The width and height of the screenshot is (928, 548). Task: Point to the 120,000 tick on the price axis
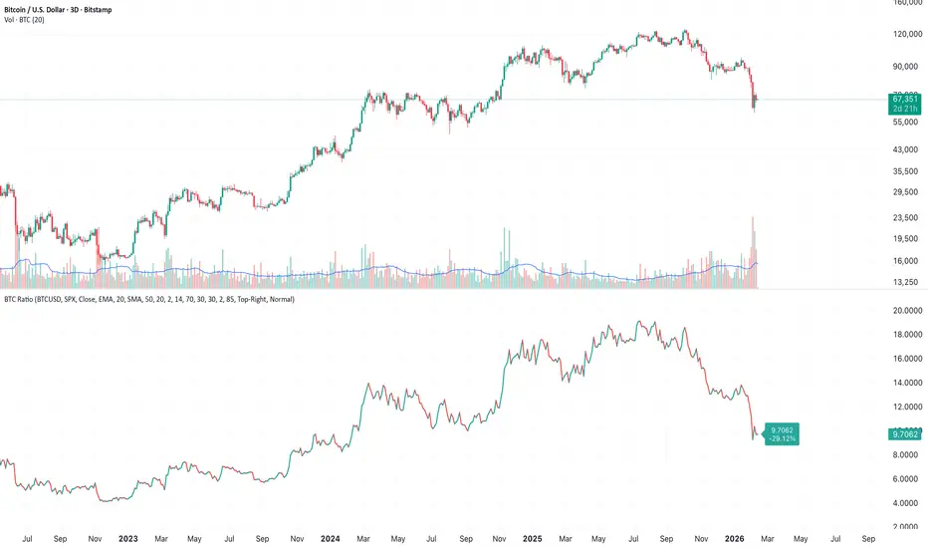click(x=906, y=34)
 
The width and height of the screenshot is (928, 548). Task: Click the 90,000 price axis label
click(x=906, y=67)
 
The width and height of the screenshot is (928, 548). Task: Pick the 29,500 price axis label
click(x=906, y=192)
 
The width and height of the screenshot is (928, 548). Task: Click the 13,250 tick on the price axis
click(x=906, y=282)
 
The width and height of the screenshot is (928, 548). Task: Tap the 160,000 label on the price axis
click(x=906, y=3)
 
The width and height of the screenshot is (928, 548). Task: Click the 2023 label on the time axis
click(x=127, y=538)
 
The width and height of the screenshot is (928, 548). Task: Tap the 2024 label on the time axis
click(x=331, y=538)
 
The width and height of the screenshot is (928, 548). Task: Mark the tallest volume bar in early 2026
click(x=753, y=253)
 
